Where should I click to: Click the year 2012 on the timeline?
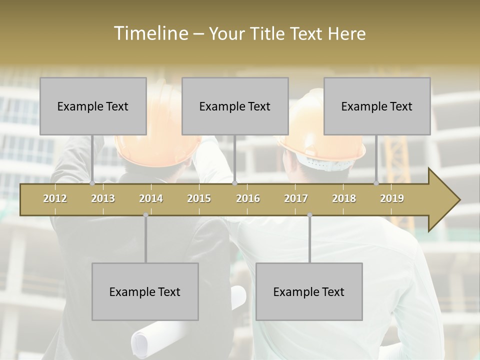click(55, 198)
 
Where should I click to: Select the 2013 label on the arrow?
click(103, 198)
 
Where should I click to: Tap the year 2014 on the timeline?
click(151, 198)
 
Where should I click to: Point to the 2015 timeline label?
click(199, 198)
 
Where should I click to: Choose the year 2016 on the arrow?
click(248, 198)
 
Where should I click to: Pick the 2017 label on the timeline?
click(296, 198)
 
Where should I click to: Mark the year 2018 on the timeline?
click(344, 198)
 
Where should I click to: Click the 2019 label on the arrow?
click(392, 198)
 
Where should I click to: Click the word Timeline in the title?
click(150, 33)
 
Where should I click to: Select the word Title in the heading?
click(268, 33)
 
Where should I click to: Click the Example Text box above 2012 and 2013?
click(93, 106)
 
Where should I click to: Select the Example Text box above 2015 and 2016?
click(235, 106)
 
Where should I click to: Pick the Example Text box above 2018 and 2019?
click(377, 106)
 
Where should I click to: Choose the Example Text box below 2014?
click(145, 291)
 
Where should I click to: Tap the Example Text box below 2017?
click(309, 291)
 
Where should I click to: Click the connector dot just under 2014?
click(145, 215)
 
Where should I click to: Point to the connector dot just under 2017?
click(309, 215)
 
